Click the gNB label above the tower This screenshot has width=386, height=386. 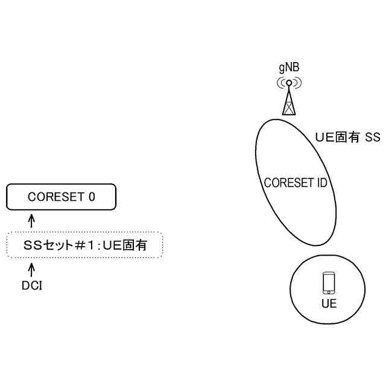tap(289, 67)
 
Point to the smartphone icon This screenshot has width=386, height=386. tap(329, 282)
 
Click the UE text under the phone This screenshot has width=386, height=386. tap(329, 303)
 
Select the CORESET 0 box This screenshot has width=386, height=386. tap(61, 197)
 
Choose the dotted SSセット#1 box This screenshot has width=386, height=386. tap(84, 245)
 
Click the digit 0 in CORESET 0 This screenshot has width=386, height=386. tap(92, 197)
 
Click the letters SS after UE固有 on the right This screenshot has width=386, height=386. tap(372, 138)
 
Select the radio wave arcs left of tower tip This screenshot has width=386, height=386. tap(281, 83)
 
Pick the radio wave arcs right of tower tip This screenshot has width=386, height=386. tap(298, 83)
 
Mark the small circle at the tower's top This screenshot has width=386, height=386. tap(289, 83)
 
